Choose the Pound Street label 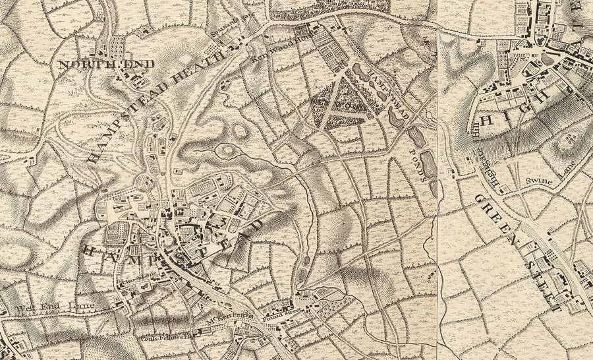[277, 307]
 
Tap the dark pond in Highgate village [548, 59]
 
